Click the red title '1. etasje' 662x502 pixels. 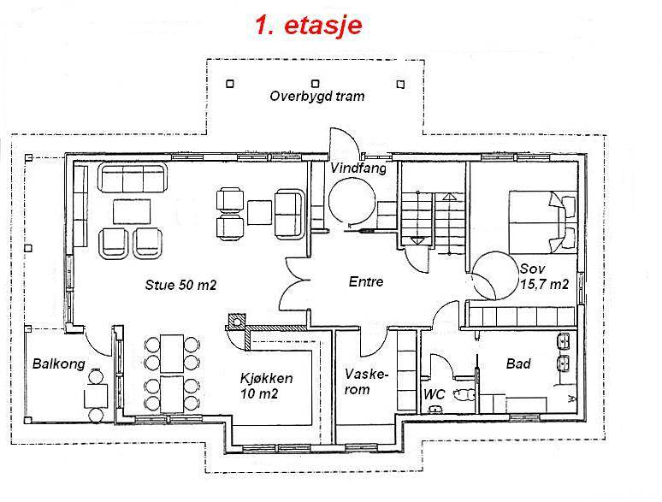tap(309, 26)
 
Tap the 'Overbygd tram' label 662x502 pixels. tap(317, 97)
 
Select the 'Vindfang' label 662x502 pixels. tap(358, 168)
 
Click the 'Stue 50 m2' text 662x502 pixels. tap(180, 285)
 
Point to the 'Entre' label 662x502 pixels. tap(365, 281)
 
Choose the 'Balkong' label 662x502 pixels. tap(59, 364)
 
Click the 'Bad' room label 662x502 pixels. tap(518, 363)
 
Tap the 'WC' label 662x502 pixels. tap(434, 395)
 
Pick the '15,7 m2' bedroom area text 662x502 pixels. tap(544, 285)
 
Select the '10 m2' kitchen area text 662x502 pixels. tap(259, 394)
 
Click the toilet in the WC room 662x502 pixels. tap(464, 394)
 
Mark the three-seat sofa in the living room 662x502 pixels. tap(133, 178)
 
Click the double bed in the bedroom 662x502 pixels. tap(542, 222)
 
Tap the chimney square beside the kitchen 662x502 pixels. tap(236, 322)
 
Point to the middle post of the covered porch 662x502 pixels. tap(315, 83)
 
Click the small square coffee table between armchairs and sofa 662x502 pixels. tap(259, 213)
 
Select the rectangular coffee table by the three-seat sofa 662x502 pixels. tap(132, 211)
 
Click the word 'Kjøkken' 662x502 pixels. tap(266, 378)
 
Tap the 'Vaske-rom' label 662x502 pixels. tap(364, 381)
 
